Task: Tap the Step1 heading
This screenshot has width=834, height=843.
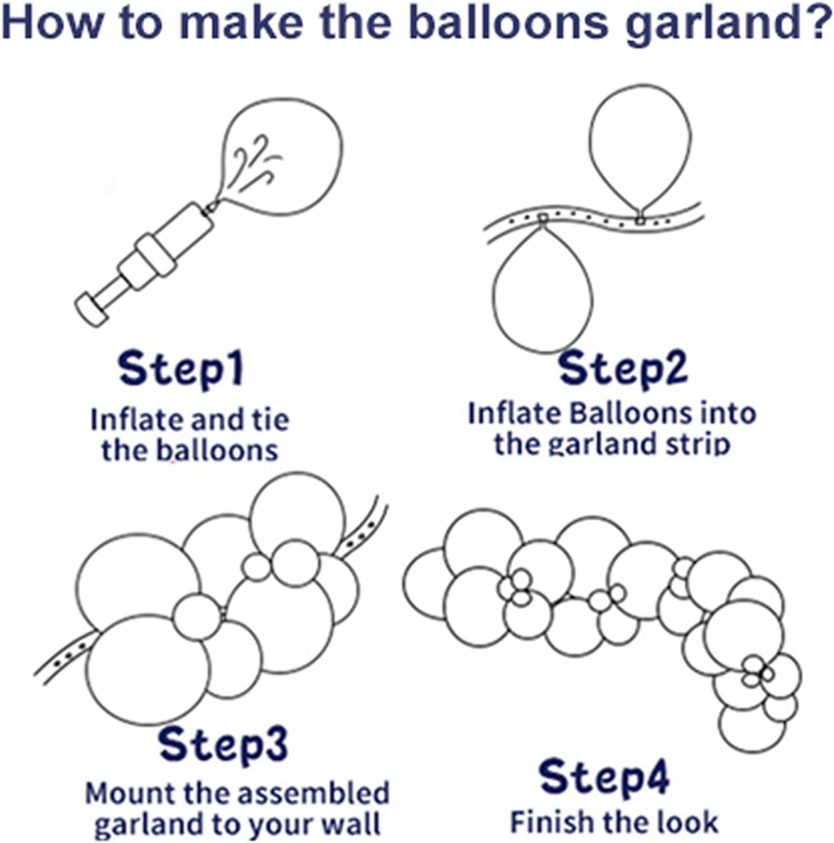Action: tap(181, 369)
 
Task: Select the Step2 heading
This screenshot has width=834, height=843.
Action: tap(623, 367)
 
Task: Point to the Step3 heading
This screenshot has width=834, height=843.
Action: tap(223, 743)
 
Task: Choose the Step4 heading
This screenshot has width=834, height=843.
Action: tap(604, 777)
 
